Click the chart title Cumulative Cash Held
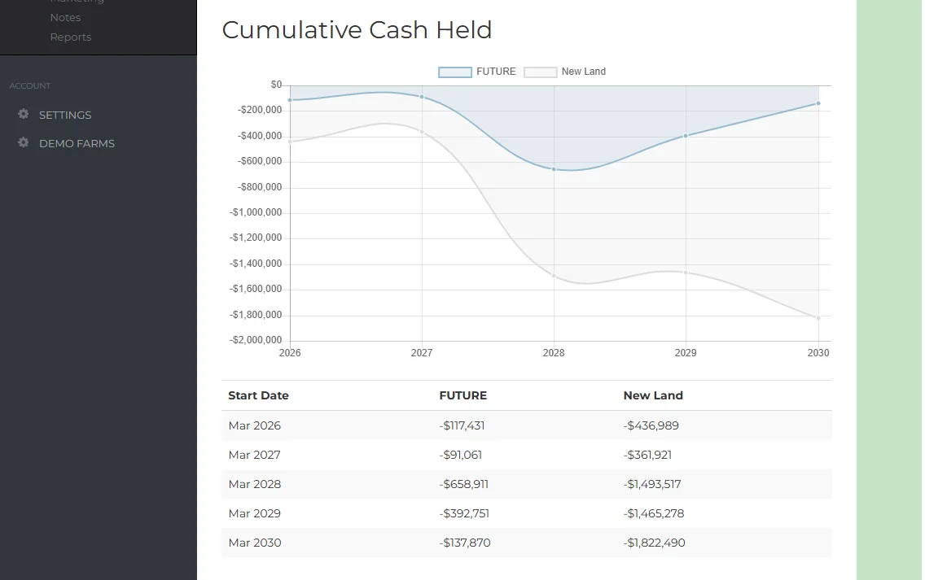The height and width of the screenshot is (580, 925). [x=357, y=30]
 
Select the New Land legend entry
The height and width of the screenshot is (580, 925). [x=565, y=72]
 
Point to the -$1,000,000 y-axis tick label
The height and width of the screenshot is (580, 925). [x=256, y=212]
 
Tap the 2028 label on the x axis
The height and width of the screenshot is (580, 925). [x=554, y=353]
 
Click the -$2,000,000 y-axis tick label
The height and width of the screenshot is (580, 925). [x=256, y=340]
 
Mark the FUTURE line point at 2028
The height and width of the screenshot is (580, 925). [x=554, y=169]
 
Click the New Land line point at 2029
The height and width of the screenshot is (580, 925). [x=686, y=273]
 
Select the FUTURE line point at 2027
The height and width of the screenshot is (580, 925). [x=422, y=97]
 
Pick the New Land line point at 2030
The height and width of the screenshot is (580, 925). [x=818, y=318]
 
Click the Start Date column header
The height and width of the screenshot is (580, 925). [x=258, y=395]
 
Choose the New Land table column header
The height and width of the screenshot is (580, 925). [x=653, y=395]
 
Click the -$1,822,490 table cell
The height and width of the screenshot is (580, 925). [x=654, y=543]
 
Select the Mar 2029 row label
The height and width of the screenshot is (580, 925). [x=254, y=513]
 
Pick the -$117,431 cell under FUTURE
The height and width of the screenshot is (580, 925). [x=462, y=425]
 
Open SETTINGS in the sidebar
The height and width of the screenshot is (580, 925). [x=65, y=115]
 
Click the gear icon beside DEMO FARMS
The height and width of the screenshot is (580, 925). [x=24, y=142]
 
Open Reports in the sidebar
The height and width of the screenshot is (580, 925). [x=71, y=37]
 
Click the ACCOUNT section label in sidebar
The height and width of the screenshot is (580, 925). [x=30, y=85]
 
